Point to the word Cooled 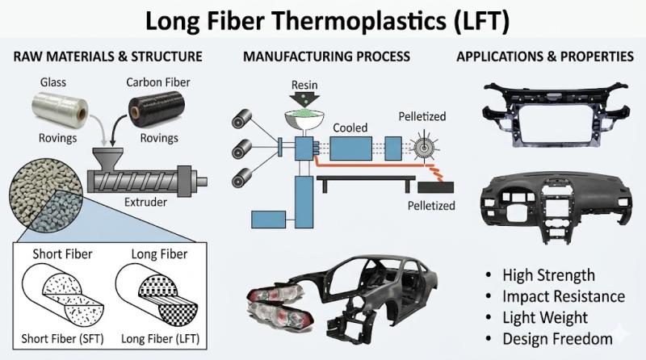[349, 128]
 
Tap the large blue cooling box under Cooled [350, 151]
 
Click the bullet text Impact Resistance [563, 296]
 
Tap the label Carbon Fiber [158, 82]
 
